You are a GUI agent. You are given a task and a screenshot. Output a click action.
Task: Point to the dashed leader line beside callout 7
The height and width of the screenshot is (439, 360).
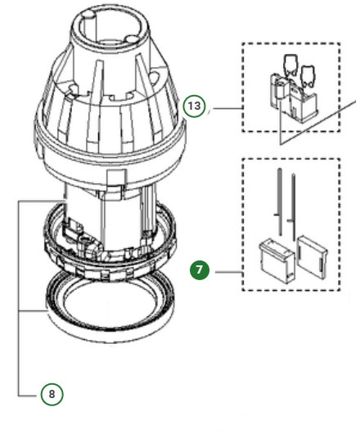coord(224,269)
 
